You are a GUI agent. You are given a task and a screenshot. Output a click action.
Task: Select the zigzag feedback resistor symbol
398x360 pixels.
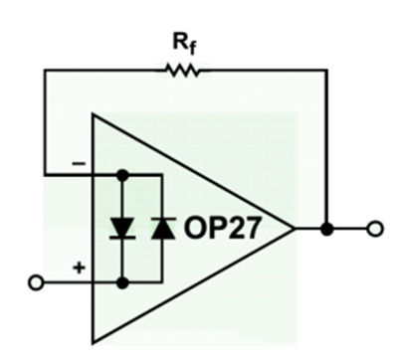tap(181, 70)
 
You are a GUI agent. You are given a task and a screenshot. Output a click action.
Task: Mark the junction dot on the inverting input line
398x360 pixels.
tap(122, 174)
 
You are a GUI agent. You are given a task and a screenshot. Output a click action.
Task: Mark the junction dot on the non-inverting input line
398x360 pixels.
tap(122, 282)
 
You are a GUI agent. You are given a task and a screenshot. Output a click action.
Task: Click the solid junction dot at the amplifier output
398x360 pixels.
tap(327, 229)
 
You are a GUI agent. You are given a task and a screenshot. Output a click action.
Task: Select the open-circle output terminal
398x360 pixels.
tap(373, 229)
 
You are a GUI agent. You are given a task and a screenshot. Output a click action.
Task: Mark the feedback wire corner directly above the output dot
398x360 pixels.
tap(327, 70)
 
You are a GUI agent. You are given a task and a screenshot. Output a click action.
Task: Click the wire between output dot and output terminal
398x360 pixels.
tap(349, 229)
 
